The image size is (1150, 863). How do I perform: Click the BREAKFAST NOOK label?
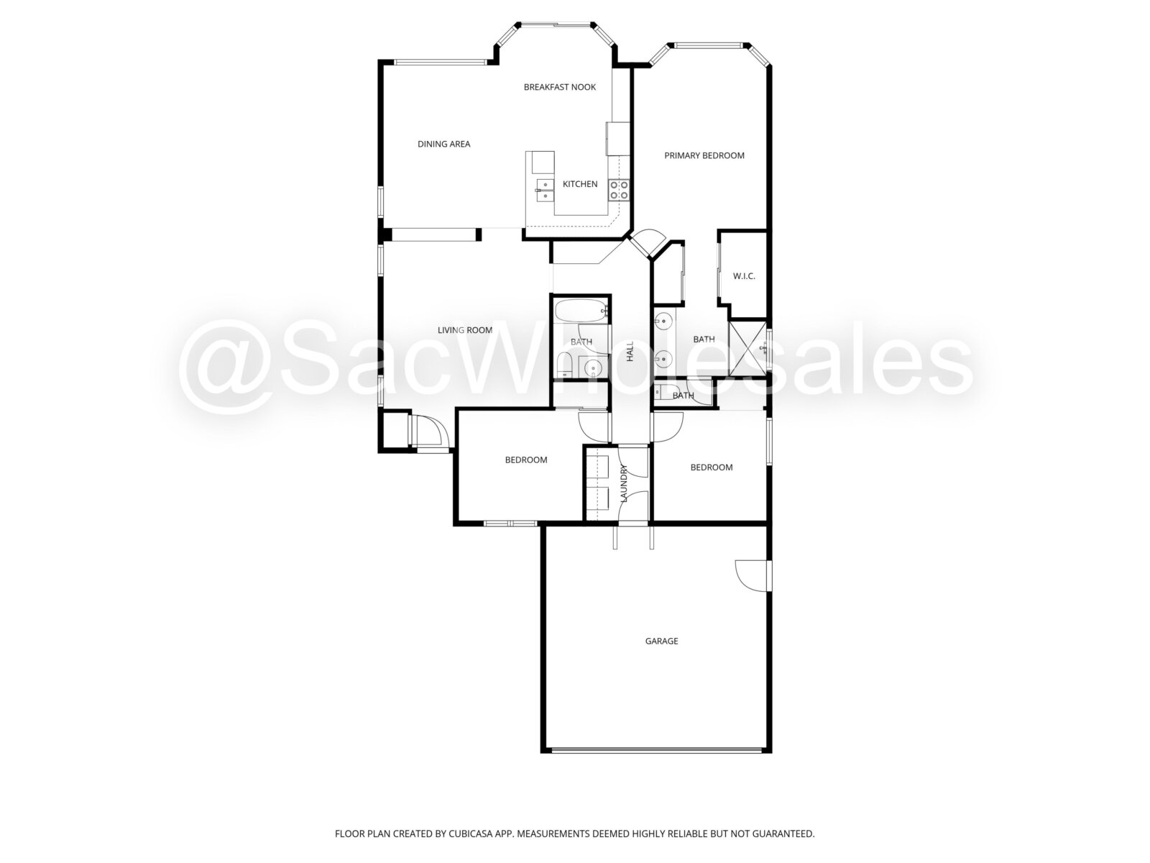559,87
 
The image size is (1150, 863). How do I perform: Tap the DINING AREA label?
443,144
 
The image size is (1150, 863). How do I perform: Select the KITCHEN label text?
580,184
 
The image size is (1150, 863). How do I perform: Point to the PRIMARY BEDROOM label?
704,155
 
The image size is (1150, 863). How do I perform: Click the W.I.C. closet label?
744,276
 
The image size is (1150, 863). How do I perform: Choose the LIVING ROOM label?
465,330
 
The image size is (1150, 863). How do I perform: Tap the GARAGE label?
661,641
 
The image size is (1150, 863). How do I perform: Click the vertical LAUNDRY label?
623,483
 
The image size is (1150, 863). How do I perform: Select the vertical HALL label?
630,351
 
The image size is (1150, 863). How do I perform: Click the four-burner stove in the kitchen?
619,190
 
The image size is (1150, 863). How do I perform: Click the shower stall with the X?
747,349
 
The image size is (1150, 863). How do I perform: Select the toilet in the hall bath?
563,365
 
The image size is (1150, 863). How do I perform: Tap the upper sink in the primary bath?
664,319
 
